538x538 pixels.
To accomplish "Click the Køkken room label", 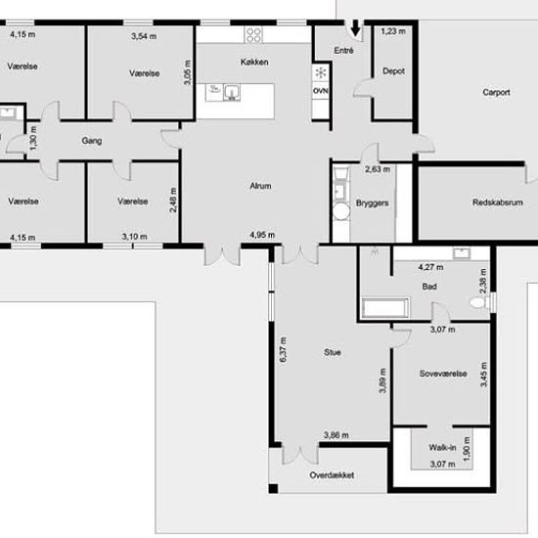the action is tap(254, 62).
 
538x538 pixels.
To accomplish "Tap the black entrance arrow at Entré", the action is tap(356, 27).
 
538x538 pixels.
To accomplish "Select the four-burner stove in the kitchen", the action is tap(253, 34).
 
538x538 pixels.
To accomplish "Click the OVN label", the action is tap(321, 91).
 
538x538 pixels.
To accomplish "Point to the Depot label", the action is tap(393, 71).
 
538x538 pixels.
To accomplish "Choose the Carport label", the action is tap(496, 92).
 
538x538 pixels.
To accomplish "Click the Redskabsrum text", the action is tap(498, 202).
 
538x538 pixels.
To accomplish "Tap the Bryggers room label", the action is tap(373, 203).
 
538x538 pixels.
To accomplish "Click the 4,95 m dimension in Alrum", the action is tap(262, 235).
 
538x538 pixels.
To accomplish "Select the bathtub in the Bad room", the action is tap(385, 307).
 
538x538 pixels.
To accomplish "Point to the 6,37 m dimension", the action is tap(283, 349).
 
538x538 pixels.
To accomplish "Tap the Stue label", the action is tap(333, 352).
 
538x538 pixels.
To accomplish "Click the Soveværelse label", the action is tap(443, 374).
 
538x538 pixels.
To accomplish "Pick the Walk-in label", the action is tap(442, 447).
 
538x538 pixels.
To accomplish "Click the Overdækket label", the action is tap(332, 475).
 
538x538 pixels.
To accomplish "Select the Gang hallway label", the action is tap(92, 141).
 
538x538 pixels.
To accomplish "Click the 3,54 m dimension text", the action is tap(144, 36).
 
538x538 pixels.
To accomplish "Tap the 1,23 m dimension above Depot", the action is tap(393, 31).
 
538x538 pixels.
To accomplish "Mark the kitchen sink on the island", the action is tap(232, 93).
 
